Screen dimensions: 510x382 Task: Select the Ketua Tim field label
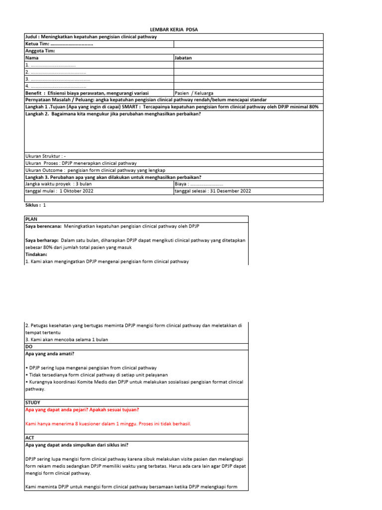[x=37, y=44]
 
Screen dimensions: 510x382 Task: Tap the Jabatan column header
[x=183, y=58]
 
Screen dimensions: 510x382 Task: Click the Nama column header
[x=31, y=58]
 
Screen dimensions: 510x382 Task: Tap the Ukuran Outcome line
[x=95, y=170]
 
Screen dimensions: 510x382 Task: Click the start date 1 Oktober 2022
[x=76, y=191]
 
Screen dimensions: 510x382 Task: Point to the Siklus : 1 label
[x=35, y=205]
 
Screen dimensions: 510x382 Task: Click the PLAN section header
[x=31, y=219]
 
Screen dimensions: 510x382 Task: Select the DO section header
[x=28, y=347]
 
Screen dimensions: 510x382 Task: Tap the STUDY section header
[x=32, y=402]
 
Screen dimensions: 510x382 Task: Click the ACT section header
[x=29, y=437]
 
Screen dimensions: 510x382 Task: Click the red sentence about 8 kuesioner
[x=108, y=424]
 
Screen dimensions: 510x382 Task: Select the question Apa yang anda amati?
[x=49, y=354]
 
